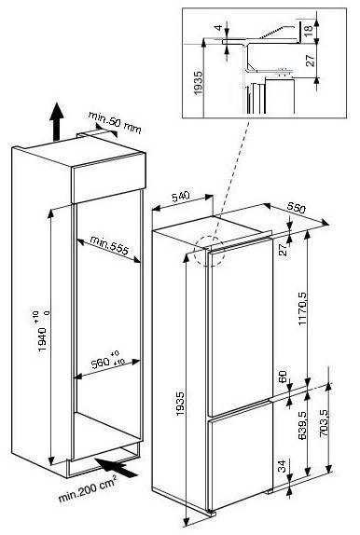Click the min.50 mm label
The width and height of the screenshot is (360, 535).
click(115, 122)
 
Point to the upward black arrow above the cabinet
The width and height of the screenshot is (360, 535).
click(56, 121)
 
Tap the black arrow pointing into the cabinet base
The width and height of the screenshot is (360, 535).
click(116, 467)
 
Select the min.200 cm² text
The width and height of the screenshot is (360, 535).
click(88, 489)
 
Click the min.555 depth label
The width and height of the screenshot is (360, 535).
click(109, 245)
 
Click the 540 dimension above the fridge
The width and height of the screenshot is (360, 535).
click(180, 197)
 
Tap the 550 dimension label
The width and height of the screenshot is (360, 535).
click(296, 208)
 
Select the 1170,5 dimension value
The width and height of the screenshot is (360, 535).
click(302, 309)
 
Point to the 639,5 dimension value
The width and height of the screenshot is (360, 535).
click(302, 425)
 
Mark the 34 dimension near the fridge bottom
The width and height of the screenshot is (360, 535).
click(282, 466)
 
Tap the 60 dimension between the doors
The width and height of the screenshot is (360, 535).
click(283, 377)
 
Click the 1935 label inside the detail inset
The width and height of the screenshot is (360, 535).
click(198, 83)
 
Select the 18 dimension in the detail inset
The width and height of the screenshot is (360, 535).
click(308, 28)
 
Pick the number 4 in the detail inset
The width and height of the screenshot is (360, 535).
click(219, 27)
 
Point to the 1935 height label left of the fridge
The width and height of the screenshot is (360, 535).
click(180, 405)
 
